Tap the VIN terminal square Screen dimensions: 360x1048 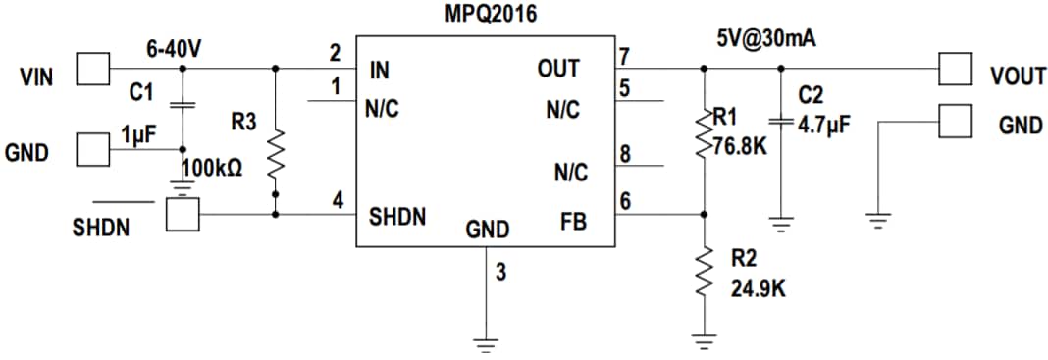(x=93, y=70)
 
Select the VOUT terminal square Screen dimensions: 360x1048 (x=954, y=70)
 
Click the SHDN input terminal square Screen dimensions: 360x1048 (x=182, y=215)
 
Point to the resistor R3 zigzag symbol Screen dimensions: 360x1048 (x=276, y=155)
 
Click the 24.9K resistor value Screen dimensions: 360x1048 (x=758, y=289)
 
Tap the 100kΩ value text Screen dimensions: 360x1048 (x=212, y=168)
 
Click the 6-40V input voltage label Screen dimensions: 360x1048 (x=174, y=49)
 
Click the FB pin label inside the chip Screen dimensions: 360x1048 (x=573, y=222)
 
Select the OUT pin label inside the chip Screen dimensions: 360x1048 (x=557, y=70)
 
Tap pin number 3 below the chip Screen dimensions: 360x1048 (x=500, y=273)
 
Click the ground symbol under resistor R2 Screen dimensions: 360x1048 (x=704, y=340)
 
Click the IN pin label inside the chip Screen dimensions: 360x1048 (x=380, y=71)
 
